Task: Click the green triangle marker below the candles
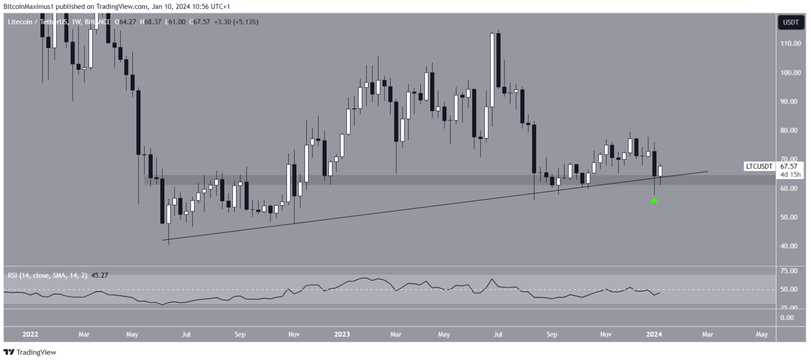coord(654,200)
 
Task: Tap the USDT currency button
coord(790,22)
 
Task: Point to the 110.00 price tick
coord(790,43)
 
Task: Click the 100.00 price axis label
coord(790,73)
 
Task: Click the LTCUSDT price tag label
coord(759,166)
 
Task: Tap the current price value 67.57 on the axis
coord(789,166)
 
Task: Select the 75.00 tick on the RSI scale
coord(789,271)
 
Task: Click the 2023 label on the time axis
coord(342,335)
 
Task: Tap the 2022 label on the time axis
coord(30,335)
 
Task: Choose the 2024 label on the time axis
coord(654,335)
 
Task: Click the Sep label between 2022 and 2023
coord(240,335)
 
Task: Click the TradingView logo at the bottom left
coord(30,352)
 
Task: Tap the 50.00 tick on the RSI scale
coord(789,289)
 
